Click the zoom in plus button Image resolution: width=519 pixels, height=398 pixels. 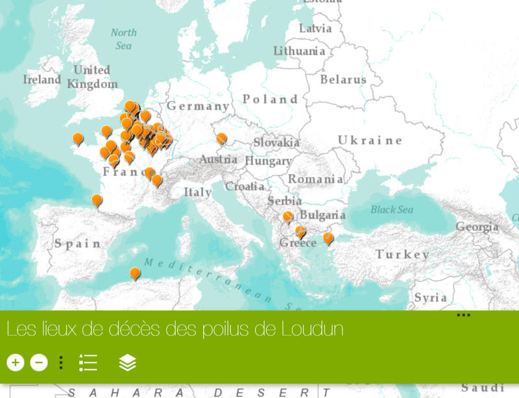16,362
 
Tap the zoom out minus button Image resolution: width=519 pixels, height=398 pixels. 39,362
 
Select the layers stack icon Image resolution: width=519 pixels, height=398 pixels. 128,362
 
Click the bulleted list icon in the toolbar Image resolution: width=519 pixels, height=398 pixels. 88,362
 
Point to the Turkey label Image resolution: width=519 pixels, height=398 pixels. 402,254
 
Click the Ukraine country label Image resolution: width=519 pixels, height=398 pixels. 370,140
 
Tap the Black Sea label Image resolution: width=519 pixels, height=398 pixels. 392,209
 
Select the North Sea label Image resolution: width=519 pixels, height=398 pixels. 123,39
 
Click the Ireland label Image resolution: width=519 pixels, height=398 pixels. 42,80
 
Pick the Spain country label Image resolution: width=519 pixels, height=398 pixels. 77,244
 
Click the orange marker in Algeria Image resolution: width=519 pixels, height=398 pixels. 135,273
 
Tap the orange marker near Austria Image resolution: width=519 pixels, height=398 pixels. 222,138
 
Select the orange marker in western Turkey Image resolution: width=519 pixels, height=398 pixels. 328,238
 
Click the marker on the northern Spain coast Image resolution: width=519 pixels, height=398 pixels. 97,200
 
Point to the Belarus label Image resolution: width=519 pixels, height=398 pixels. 343,80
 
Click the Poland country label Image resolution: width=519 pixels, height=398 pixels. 271,99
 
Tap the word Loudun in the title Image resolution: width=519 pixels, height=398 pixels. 313,329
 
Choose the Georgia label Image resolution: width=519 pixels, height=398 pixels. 477,227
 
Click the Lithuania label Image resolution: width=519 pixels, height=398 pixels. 299,51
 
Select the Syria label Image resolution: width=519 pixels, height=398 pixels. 431,298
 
